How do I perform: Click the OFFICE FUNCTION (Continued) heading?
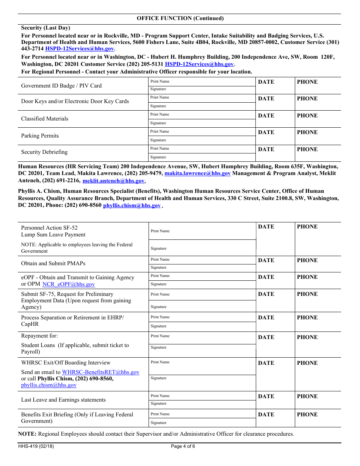pos(180,18)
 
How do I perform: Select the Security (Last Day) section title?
pos(45,28)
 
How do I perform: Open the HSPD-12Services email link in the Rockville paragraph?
pos(79,49)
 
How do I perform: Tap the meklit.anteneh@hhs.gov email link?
pos(113,181)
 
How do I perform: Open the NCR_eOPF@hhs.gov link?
pos(69,284)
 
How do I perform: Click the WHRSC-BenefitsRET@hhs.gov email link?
pos(100,372)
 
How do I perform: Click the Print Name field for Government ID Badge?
pos(202,81)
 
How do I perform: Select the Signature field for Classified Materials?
pos(202,123)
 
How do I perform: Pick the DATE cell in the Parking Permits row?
pos(275,136)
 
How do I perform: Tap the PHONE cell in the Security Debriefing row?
pos(318,153)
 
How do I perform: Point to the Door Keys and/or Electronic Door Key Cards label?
pos(75,102)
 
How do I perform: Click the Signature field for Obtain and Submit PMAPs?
pos(202,267)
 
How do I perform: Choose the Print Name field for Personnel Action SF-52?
pos(202,231)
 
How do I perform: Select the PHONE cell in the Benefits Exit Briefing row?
pos(318,418)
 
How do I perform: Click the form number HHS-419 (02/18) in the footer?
pos(36,446)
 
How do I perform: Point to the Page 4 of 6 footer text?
pos(183,446)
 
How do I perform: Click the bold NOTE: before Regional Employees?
pos(27,434)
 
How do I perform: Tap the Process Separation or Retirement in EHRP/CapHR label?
pos(72,321)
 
